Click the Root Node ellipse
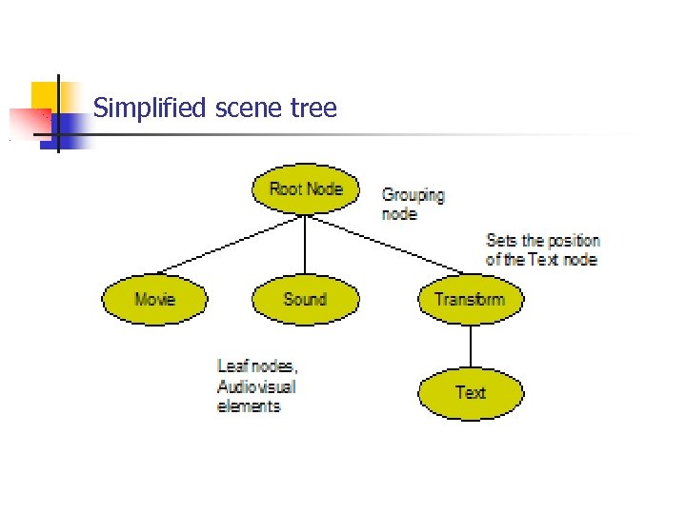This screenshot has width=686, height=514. coord(305,188)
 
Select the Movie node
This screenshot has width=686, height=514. coord(154,299)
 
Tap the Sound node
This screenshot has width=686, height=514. coord(305,299)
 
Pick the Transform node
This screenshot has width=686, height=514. coord(469,299)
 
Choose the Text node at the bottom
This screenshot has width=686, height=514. coord(471,391)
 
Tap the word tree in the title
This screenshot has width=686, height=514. coord(314,109)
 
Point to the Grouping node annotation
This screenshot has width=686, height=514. coord(413,205)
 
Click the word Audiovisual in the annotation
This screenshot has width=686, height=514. coord(256,386)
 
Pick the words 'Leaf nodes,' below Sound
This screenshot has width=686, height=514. coord(257,366)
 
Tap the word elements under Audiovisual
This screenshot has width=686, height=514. coord(249,406)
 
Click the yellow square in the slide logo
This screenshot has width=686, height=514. coord(45,95)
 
